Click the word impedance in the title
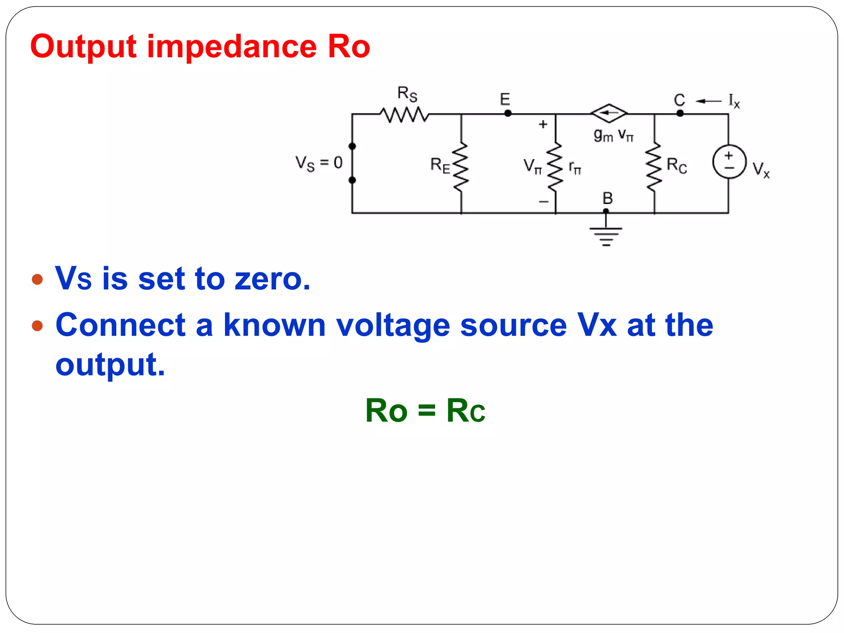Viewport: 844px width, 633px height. [x=232, y=47]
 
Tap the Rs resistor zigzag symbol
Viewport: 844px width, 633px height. [x=404, y=115]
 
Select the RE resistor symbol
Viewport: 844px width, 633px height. [x=461, y=167]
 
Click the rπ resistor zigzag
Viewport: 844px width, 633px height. [x=555, y=167]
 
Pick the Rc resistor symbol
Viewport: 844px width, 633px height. [x=654, y=167]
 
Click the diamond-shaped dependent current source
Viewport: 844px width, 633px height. [x=609, y=113]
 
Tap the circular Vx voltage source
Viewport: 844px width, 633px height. [x=729, y=162]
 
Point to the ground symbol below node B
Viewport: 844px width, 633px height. [x=606, y=236]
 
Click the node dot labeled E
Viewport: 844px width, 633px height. [x=508, y=113]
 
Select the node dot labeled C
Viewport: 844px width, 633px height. [x=680, y=113]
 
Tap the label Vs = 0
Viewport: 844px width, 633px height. [x=319, y=163]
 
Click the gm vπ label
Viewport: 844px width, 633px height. [x=613, y=135]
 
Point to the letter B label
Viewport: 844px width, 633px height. [x=607, y=199]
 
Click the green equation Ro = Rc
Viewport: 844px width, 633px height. [x=425, y=411]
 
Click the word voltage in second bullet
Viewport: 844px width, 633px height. [x=393, y=326]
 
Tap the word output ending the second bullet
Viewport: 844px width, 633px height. [x=110, y=365]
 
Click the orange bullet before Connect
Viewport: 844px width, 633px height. [x=38, y=326]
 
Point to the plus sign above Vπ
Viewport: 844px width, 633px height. [x=543, y=124]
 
